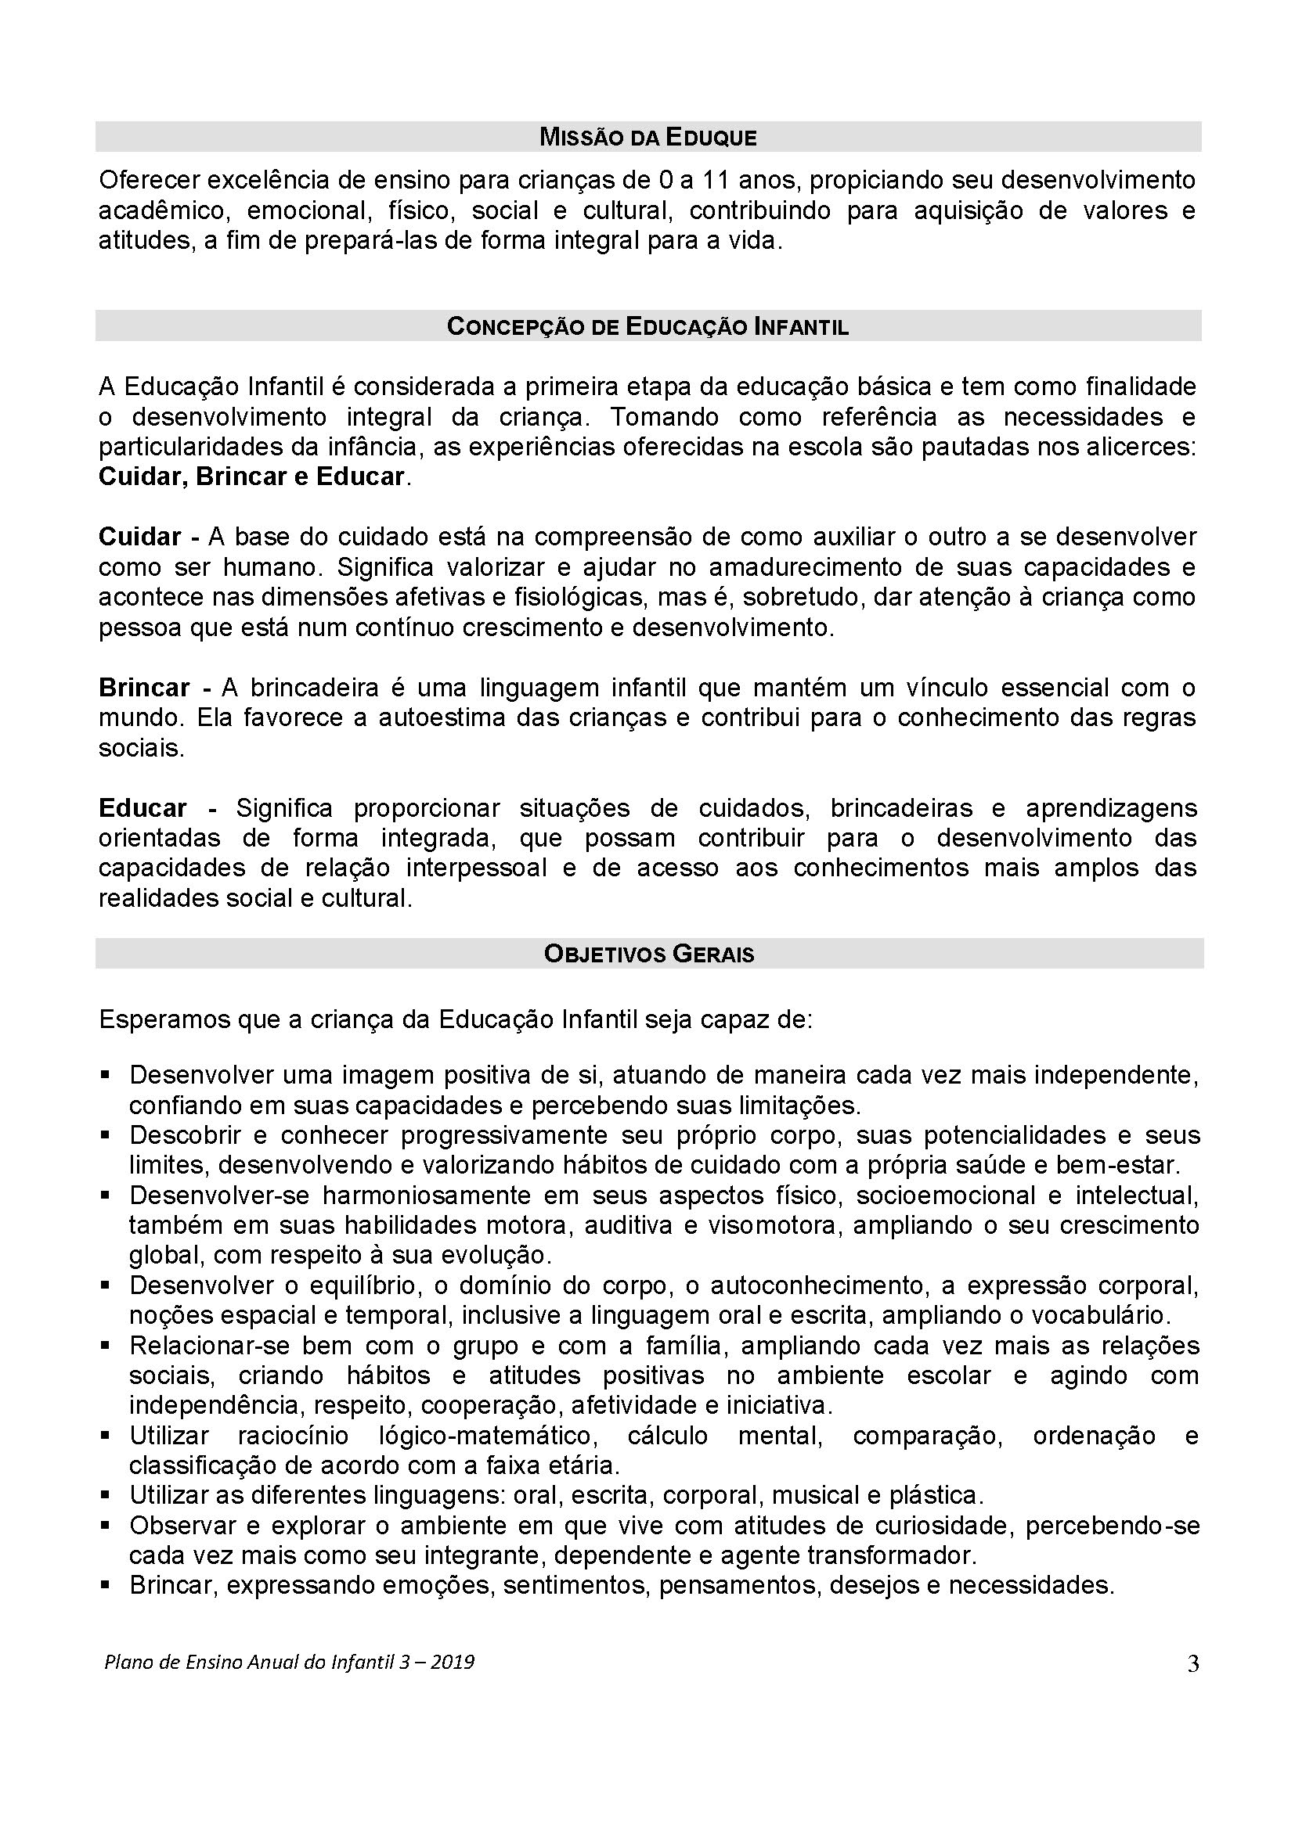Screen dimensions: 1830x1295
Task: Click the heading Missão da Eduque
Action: tap(647, 137)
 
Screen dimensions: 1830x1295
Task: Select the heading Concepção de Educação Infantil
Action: tap(647, 327)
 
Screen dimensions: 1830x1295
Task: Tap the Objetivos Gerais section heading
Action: tap(648, 954)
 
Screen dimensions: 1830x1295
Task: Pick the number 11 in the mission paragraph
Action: tap(717, 181)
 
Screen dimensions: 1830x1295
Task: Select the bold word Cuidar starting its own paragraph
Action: tap(139, 537)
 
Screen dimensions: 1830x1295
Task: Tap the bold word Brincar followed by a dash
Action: tap(143, 688)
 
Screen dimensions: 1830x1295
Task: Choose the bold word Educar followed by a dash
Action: tap(142, 808)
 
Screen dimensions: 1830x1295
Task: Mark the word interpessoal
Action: tap(476, 868)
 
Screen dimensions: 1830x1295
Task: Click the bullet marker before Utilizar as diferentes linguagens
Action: tap(104, 1496)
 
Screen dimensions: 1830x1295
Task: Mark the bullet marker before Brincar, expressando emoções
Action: tap(104, 1586)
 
